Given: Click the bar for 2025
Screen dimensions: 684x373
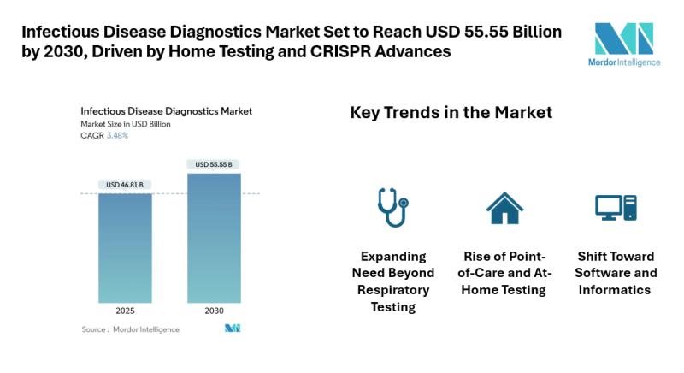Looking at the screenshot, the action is tap(125, 248).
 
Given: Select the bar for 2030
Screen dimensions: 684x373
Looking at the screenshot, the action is tap(215, 238).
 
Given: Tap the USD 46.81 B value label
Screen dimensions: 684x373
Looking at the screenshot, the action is tap(125, 185).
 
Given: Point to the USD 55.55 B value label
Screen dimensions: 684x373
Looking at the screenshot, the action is tap(214, 164).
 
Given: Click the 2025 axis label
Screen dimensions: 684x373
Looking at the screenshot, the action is tap(125, 311).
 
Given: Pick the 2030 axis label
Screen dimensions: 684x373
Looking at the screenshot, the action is tap(215, 311).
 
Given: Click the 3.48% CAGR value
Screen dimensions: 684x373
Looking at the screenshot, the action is tap(117, 136).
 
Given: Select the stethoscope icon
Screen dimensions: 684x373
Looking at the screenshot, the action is tap(393, 207).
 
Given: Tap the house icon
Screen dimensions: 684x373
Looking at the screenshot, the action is tap(504, 208).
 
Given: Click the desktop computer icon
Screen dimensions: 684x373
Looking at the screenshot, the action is tap(616, 208).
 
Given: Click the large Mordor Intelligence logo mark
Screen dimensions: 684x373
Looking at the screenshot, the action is tap(624, 38).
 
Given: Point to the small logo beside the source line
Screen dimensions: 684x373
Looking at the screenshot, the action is tap(233, 328).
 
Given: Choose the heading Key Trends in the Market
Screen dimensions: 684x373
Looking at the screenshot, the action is tap(451, 113).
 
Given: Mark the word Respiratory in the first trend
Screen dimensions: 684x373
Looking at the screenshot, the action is tap(393, 290).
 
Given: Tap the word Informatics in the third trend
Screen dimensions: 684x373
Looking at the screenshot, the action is tap(615, 290).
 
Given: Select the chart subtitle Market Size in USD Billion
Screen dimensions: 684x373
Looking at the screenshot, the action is tap(126, 124).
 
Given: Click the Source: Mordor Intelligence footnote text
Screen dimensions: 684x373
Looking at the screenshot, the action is tap(131, 329).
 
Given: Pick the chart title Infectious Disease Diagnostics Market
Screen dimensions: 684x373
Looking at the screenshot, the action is tap(166, 111).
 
